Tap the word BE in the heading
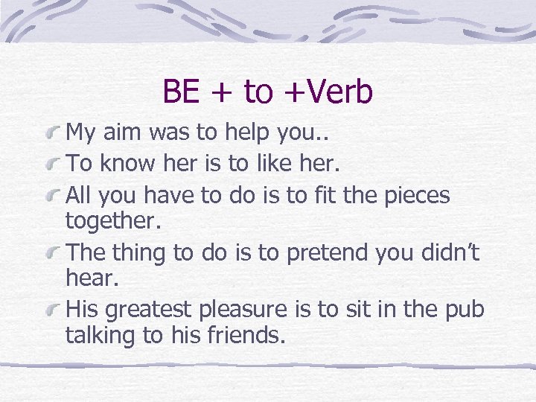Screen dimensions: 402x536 (x=181, y=92)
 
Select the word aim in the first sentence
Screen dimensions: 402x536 (x=130, y=133)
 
